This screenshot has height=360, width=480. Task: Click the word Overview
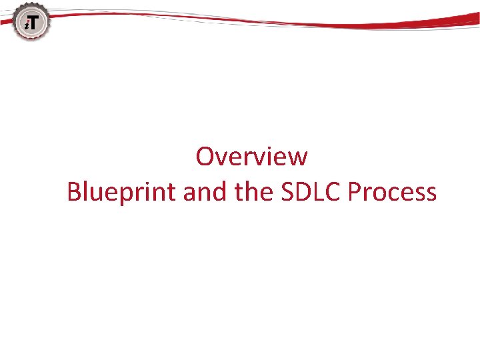(x=251, y=157)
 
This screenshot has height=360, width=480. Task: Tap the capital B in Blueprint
(x=74, y=193)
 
